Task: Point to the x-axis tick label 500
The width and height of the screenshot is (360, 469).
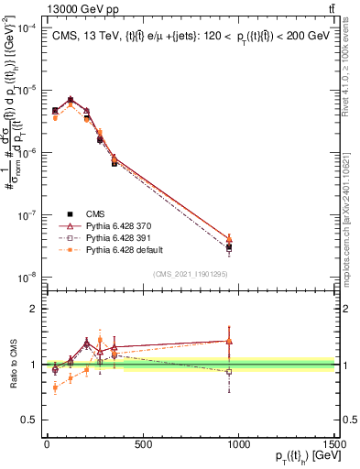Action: [x=143, y=446]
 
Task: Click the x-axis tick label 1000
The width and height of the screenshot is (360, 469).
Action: [x=239, y=446]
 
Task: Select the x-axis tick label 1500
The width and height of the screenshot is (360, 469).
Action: [x=335, y=446]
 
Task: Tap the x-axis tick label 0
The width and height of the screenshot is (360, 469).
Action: [x=47, y=446]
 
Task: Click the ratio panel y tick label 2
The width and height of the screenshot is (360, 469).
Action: [x=33, y=309]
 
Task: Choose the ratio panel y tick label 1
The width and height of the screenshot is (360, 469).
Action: [x=33, y=365]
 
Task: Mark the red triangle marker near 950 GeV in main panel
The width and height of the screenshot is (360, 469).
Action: [x=229, y=239]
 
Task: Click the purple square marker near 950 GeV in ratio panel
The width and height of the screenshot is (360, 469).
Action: [x=229, y=372]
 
